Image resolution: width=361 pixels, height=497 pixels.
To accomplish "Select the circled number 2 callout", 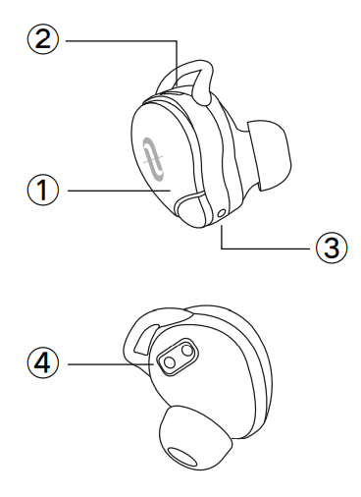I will [x=42, y=40].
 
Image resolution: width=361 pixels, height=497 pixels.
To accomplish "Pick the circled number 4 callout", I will [x=41, y=363].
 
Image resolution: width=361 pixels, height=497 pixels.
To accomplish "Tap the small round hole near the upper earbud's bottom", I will [x=225, y=210].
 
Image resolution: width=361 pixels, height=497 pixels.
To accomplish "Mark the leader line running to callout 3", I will [x=265, y=248].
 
